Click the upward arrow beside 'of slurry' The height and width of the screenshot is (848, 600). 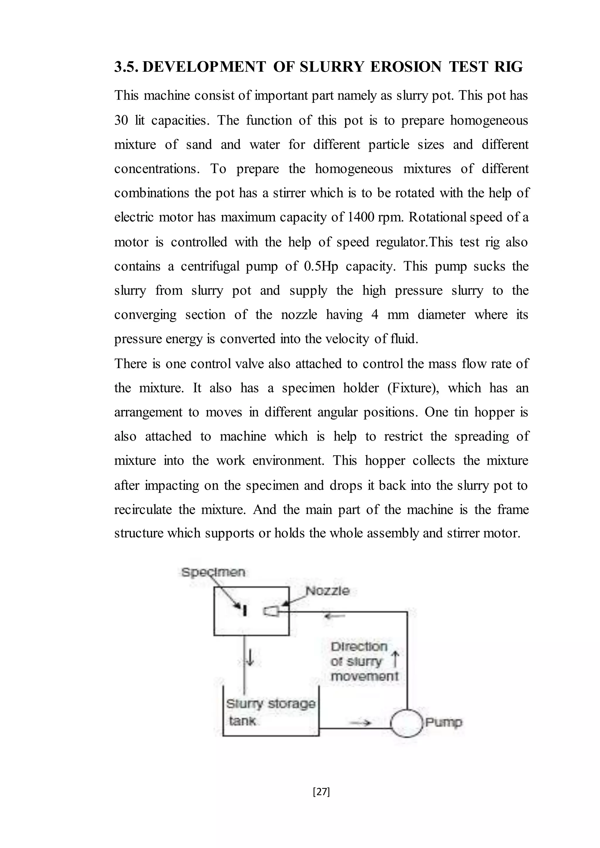[x=395, y=659]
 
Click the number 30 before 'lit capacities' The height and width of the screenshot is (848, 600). [x=121, y=120]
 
